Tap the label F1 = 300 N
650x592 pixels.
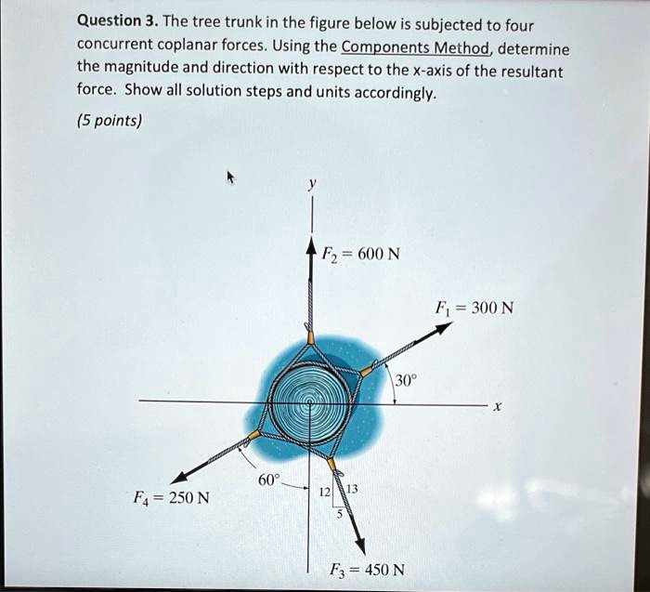coord(480,308)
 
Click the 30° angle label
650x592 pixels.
coord(406,379)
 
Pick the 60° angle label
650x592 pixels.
coord(267,479)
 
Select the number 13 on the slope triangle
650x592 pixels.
coord(352,490)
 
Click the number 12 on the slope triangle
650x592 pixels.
coord(325,491)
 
